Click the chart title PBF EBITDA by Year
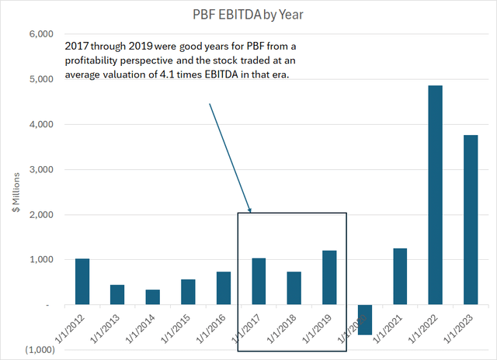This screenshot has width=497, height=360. [248, 14]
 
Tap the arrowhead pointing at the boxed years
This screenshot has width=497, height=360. [250, 209]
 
